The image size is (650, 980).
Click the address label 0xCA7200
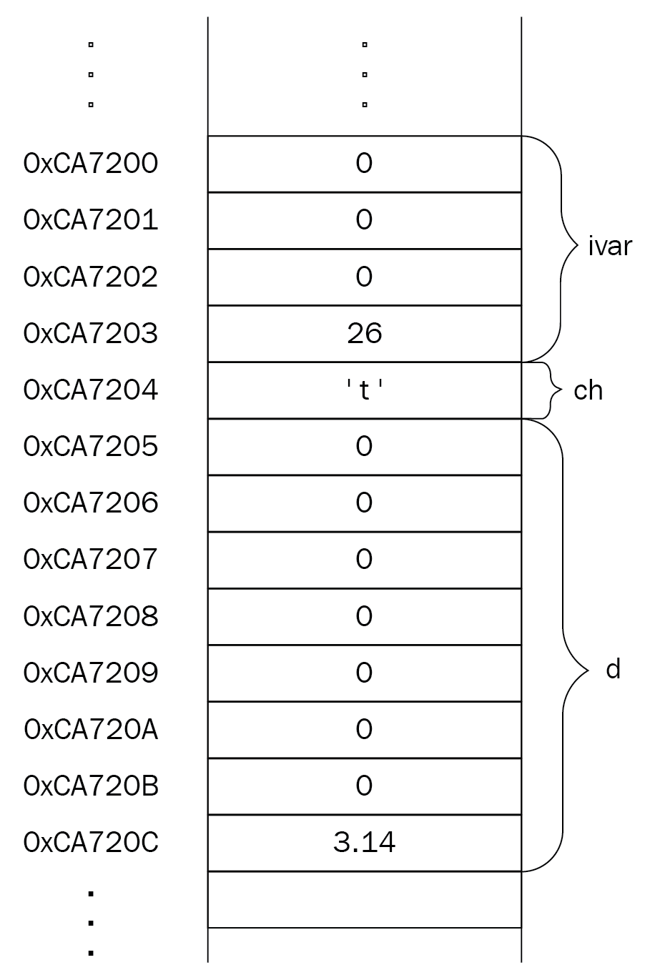pos(91,164)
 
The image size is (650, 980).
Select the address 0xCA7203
pos(91,333)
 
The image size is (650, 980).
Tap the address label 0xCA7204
pos(91,390)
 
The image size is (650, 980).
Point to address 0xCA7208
pos(91,616)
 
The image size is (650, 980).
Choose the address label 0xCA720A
pos(91,729)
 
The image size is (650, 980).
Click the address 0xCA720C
pos(91,842)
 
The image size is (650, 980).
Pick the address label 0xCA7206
pos(91,503)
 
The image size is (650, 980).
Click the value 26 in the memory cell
pos(364,333)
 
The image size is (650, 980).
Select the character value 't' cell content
pos(364,390)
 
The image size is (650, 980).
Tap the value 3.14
pos(364,842)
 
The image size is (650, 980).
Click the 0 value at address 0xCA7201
pos(364,219)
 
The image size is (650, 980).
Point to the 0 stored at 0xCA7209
pos(364,673)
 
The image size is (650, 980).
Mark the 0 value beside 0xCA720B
pos(364,786)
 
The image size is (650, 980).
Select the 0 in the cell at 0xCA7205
pos(364,446)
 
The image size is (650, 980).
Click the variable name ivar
pos(610,246)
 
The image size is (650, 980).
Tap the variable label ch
pos(588,390)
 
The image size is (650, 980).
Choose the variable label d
pos(614,669)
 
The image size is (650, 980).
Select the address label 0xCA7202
pos(91,277)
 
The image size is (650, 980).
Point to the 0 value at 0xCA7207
pos(364,559)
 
